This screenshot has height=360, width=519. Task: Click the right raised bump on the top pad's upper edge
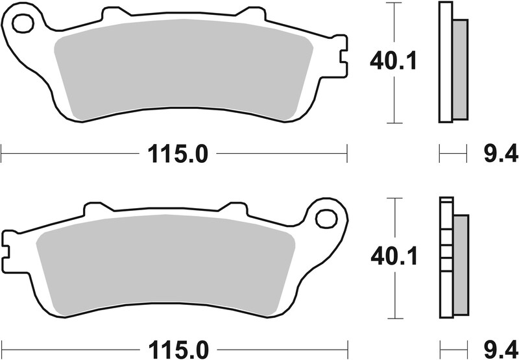pos(249,13)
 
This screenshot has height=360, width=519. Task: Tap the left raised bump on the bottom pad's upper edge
pos(96,208)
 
